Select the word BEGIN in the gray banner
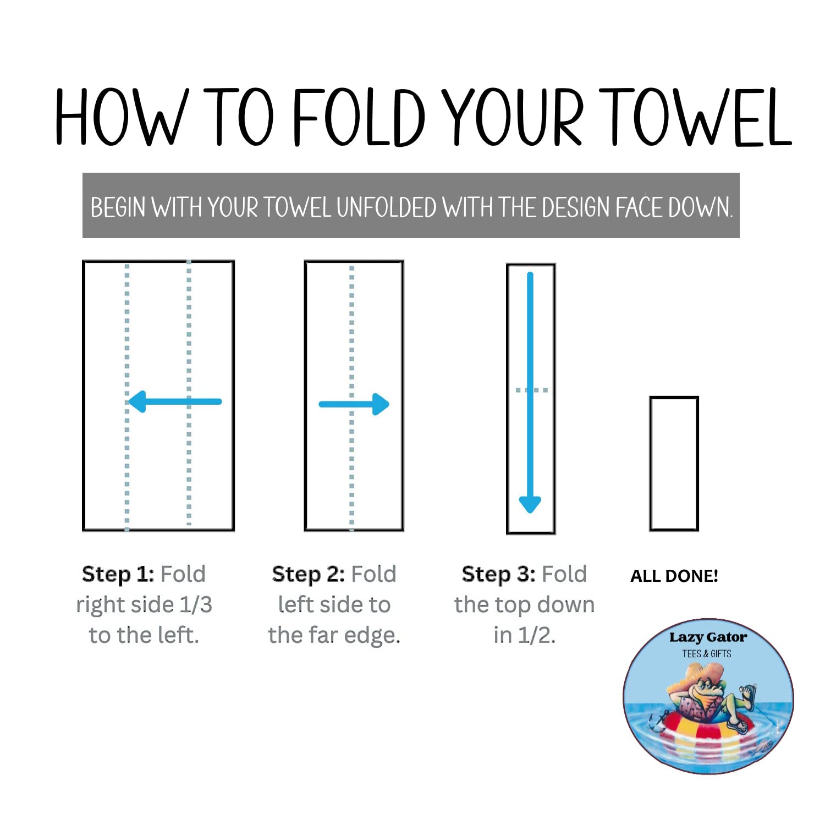click(118, 208)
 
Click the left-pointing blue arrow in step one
click(175, 402)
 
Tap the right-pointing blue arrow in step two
click(354, 404)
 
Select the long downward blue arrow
click(530, 393)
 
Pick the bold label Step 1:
click(118, 574)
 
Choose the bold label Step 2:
click(308, 574)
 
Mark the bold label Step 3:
click(498, 574)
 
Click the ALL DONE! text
click(674, 576)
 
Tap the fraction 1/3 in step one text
click(196, 605)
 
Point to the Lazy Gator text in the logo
click(708, 637)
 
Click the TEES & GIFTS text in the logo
click(707, 654)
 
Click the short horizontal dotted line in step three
click(531, 390)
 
